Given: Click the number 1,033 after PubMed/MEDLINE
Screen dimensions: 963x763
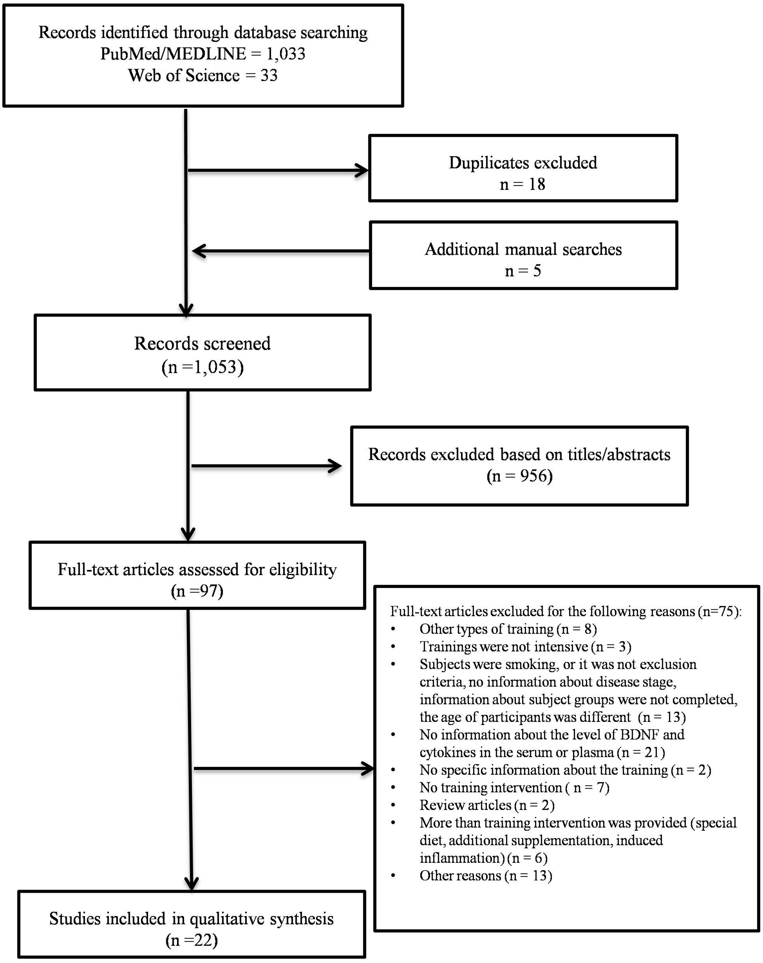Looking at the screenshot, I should pos(286,54).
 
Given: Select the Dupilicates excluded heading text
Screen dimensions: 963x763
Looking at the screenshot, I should pos(523,163).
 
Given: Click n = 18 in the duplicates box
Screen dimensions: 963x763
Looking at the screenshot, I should pos(522,184).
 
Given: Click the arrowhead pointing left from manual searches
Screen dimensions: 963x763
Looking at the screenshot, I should pos(199,251).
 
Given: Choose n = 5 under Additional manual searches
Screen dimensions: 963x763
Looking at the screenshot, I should pos(523,271).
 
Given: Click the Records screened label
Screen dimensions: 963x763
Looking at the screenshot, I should pos(202,343).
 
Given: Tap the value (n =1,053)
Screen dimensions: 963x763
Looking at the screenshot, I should pos(202,367).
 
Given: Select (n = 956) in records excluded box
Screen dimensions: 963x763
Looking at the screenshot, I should pos(519,476).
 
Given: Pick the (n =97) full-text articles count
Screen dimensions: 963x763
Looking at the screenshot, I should pos(197,591).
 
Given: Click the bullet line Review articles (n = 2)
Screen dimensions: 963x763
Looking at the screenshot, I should pos(486,805).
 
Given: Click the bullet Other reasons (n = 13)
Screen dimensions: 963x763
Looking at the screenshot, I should pos(486,876).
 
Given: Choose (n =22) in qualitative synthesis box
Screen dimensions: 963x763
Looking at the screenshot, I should pos(192,940).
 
